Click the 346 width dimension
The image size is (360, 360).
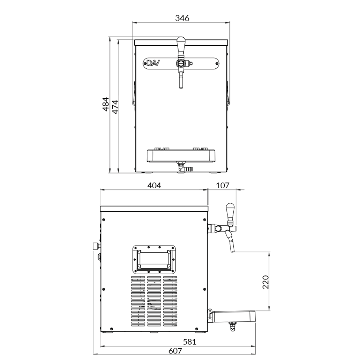[182, 18]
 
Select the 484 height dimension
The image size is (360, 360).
[105, 104]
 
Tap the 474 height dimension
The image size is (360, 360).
[115, 107]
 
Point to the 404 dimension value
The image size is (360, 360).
[154, 185]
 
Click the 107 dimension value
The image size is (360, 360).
[223, 185]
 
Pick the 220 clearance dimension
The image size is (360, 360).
[265, 282]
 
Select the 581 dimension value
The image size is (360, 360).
[190, 342]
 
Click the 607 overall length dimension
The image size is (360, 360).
[175, 351]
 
